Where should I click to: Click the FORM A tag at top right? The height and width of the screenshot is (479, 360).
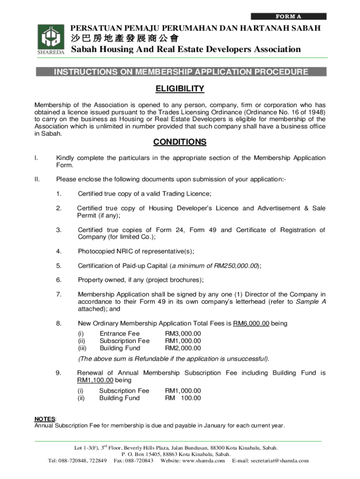[288, 16]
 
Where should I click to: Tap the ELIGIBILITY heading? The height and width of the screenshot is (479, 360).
[180, 89]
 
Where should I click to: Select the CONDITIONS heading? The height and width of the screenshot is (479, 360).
[180, 142]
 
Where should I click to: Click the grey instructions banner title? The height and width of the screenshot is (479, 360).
[181, 72]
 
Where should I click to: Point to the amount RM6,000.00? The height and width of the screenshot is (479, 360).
[251, 324]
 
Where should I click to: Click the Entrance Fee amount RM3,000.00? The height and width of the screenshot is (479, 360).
[183, 334]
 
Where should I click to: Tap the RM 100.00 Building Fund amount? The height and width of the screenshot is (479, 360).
[183, 398]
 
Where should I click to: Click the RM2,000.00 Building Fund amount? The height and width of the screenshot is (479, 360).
[183, 348]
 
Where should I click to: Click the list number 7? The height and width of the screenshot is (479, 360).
[58, 294]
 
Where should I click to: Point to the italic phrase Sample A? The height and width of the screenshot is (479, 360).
[310, 302]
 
